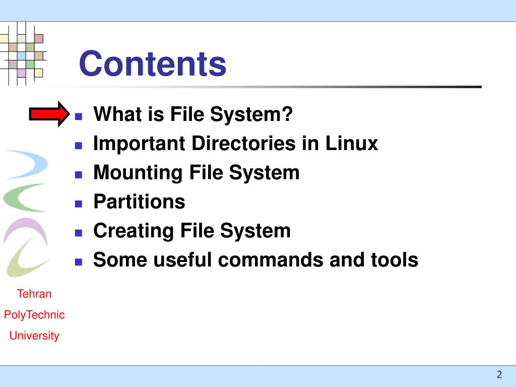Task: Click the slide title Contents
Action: click(153, 64)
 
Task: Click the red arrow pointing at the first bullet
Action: click(49, 114)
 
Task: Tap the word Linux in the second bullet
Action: click(351, 144)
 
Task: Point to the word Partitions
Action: click(139, 202)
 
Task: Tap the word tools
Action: click(394, 260)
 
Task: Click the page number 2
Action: click(499, 374)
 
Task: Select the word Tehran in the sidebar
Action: click(34, 294)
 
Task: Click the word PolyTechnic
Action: click(34, 315)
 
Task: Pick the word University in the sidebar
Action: click(34, 336)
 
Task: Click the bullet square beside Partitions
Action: click(78, 204)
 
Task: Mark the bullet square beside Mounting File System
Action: click(78, 175)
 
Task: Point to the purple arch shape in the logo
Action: click(25, 229)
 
